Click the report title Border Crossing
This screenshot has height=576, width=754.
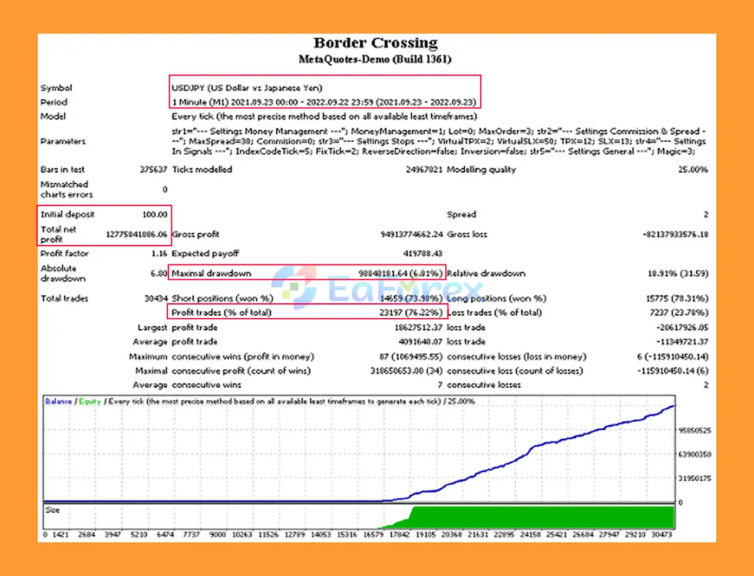coord(375,43)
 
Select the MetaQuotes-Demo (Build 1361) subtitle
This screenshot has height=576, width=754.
coord(375,59)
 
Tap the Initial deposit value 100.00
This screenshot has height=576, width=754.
coord(154,214)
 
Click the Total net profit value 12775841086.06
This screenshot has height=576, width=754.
coord(136,234)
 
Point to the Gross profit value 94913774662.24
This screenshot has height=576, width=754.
coord(411,234)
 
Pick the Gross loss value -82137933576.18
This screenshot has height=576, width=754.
coord(675,234)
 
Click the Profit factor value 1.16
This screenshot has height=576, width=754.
coord(159,253)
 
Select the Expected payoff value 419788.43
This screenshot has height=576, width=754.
coord(422,253)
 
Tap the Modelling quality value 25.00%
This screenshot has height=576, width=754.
coord(693,170)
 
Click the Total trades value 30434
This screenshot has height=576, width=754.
coord(156,299)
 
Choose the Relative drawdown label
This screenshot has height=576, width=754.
coord(486,273)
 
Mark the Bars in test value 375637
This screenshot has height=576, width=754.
coord(153,170)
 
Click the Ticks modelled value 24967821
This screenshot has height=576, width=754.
coord(424,170)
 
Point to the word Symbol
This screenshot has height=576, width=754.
coord(56,88)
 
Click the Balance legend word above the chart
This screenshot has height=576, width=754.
coord(58,401)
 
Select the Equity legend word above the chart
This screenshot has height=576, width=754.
coord(90,401)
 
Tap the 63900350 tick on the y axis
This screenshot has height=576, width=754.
coord(695,454)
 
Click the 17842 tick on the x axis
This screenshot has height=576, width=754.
coord(399,535)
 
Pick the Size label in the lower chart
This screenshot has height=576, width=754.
coord(52,510)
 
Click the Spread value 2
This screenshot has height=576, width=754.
coord(706,214)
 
